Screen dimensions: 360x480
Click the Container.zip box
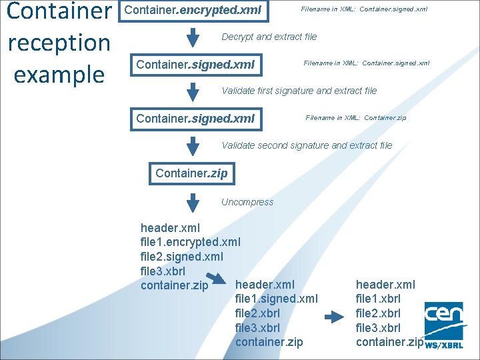191,173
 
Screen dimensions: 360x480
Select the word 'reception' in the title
59,43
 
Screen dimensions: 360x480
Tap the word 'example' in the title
59,74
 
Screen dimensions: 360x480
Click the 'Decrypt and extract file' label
269,37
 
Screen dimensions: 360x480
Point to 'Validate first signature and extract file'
299,91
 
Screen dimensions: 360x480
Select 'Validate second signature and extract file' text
307,145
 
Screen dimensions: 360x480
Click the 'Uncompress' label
247,202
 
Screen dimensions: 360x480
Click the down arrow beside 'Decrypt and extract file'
193,37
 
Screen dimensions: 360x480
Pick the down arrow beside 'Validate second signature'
193,145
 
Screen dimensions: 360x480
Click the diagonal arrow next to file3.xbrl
215,277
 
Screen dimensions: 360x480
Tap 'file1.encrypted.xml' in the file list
190,242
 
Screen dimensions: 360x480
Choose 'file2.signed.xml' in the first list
182,257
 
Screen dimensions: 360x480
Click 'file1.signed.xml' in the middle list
277,299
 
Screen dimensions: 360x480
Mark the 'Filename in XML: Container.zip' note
355,118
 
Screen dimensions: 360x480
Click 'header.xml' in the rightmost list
385,285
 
